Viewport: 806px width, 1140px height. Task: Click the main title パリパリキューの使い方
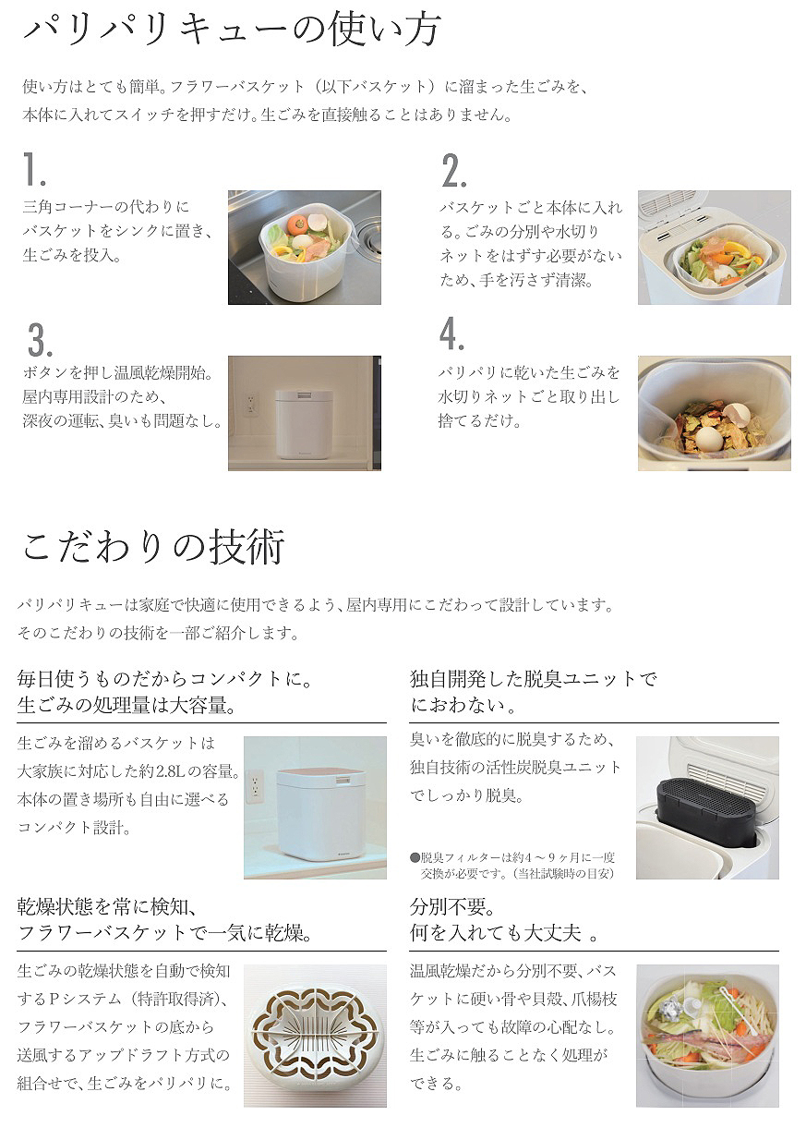coord(232,30)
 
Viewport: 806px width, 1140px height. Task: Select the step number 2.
coord(453,171)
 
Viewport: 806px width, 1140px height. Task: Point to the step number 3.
coord(40,339)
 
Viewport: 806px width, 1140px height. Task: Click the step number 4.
coord(451,334)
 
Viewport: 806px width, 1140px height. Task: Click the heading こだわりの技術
coord(153,547)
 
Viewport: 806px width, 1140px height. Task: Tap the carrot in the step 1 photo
coord(296,224)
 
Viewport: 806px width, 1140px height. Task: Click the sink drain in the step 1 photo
coord(369,236)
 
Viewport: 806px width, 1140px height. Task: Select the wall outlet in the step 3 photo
coord(251,404)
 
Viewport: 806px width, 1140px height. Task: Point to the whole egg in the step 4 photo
coord(708,438)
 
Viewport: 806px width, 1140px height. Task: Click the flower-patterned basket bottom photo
coord(315,1036)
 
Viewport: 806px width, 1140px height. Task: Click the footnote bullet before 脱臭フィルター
coord(415,858)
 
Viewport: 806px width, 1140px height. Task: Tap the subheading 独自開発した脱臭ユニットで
coord(534,679)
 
